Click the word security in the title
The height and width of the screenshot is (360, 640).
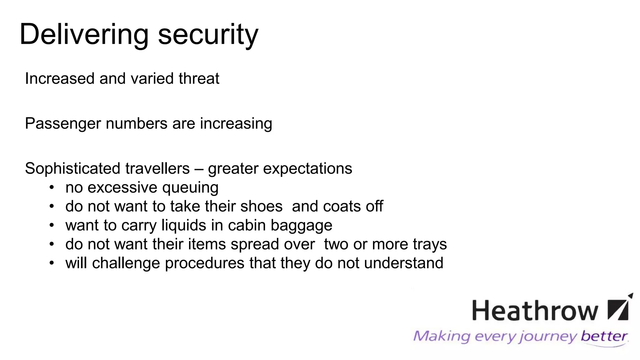tap(208, 35)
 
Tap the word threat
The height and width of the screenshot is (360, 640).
tap(199, 78)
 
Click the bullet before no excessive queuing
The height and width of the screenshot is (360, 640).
tap(52, 187)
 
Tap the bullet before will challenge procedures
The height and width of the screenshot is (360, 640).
tap(52, 263)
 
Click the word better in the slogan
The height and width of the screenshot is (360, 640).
tap(604, 337)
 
